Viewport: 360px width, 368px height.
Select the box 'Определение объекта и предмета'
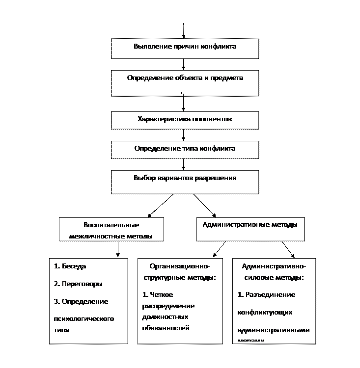185,83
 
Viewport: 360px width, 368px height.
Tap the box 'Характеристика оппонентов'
185,120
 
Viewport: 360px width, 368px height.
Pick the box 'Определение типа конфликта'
185,150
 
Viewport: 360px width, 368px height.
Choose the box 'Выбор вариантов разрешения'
185,182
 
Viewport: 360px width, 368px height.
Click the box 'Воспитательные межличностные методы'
111,230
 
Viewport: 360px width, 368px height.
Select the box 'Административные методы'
250,229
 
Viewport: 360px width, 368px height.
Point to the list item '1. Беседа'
70,266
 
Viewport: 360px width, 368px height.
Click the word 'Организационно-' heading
180,266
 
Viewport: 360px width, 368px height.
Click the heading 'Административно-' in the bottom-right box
274,266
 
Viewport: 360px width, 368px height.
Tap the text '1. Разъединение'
266,295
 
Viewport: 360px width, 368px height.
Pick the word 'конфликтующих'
265,313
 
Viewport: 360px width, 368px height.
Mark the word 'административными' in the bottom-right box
273,330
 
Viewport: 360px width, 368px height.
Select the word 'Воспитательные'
111,225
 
